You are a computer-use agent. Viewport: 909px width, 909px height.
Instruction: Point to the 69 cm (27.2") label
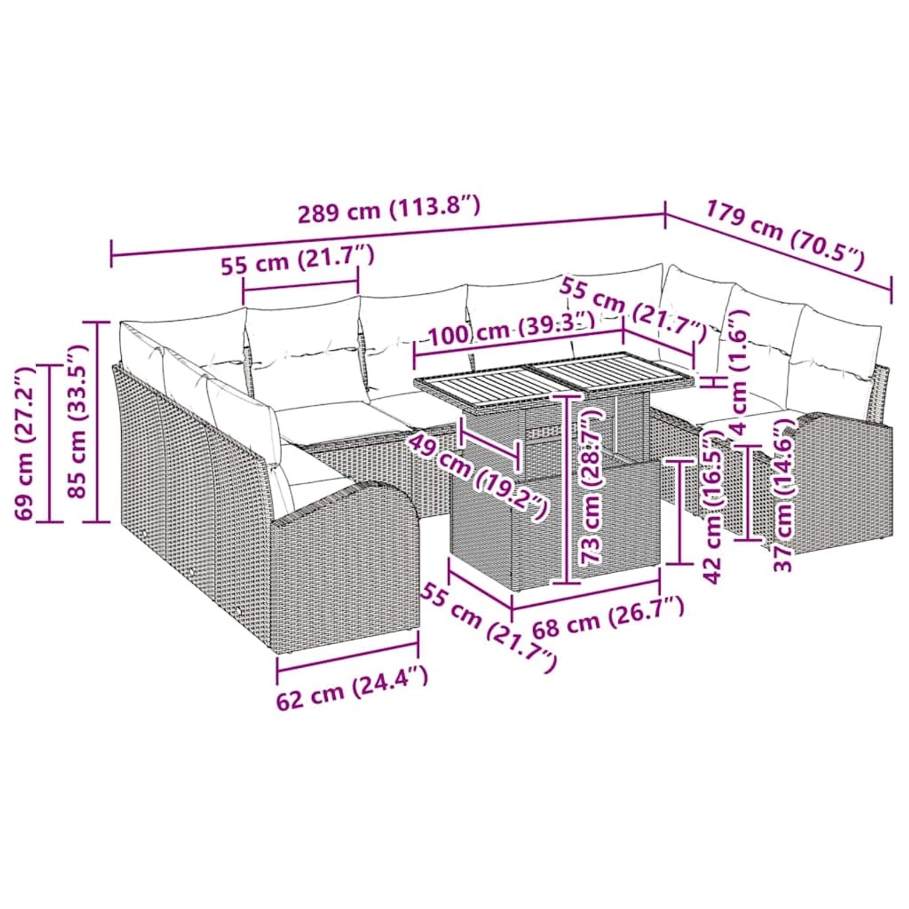tap(24, 443)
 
